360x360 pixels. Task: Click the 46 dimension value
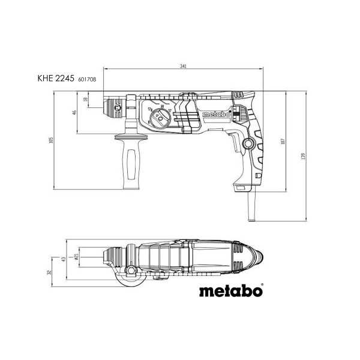click(x=74, y=112)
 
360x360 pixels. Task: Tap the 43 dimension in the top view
click(x=63, y=259)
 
